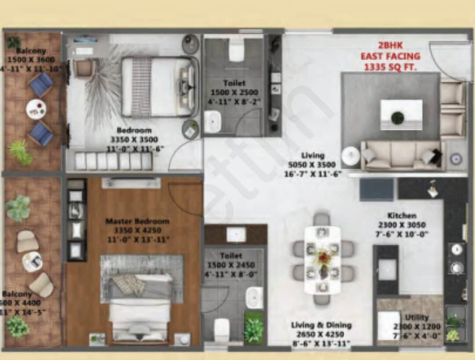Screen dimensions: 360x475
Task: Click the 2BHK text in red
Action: click(390, 45)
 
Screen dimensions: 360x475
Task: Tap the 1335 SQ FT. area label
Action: click(390, 67)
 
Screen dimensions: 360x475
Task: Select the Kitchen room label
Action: click(402, 215)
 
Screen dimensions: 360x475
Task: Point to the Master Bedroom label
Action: click(137, 221)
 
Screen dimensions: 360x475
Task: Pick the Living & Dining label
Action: click(321, 325)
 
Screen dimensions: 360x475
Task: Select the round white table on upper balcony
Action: click(36, 109)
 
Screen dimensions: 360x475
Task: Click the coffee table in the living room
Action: click(401, 115)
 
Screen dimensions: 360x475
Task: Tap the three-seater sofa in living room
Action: click(402, 156)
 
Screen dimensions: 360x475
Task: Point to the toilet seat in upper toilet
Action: click(237, 51)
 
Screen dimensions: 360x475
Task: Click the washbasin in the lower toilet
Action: click(254, 298)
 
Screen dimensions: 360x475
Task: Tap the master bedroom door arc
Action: click(187, 198)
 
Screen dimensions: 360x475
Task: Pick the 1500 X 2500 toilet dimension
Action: click(234, 93)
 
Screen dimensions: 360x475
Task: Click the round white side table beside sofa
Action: click(351, 156)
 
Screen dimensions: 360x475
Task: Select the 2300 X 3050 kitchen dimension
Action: click(402, 225)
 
